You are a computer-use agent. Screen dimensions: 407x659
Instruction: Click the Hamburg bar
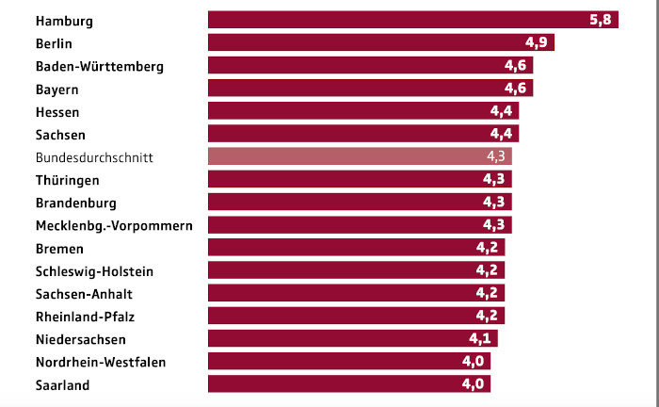pyautogui.click(x=412, y=20)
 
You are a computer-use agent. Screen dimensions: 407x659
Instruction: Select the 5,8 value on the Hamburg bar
pyautogui.click(x=601, y=20)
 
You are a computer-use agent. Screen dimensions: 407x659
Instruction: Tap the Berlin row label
pyautogui.click(x=55, y=43)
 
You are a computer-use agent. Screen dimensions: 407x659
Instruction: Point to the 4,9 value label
pyautogui.click(x=538, y=43)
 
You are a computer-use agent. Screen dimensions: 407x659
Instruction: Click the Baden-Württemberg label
pyautogui.click(x=100, y=66)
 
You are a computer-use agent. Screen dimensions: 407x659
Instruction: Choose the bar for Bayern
pyautogui.click(x=370, y=89)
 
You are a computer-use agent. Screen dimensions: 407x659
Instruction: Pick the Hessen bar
pyautogui.click(x=362, y=111)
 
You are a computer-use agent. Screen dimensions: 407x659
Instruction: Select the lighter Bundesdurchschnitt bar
pyautogui.click(x=359, y=156)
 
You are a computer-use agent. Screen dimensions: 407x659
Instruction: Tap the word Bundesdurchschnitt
pyautogui.click(x=94, y=156)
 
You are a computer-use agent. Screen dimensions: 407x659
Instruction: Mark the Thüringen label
pyautogui.click(x=68, y=180)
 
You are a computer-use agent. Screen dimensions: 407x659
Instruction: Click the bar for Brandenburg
pyautogui.click(x=359, y=203)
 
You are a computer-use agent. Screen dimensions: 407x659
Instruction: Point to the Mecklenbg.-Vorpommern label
pyautogui.click(x=114, y=225)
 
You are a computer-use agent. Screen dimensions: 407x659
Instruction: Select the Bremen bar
pyautogui.click(x=356, y=248)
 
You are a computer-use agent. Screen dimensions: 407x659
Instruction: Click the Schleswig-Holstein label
pyautogui.click(x=94, y=270)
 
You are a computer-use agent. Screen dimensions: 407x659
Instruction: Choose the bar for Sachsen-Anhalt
pyautogui.click(x=356, y=293)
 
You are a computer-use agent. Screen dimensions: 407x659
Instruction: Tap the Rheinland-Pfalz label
pyautogui.click(x=84, y=316)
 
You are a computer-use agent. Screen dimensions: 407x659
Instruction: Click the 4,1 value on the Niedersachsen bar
pyautogui.click(x=481, y=339)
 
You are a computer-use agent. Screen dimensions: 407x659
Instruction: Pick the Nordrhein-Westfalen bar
pyautogui.click(x=348, y=362)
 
